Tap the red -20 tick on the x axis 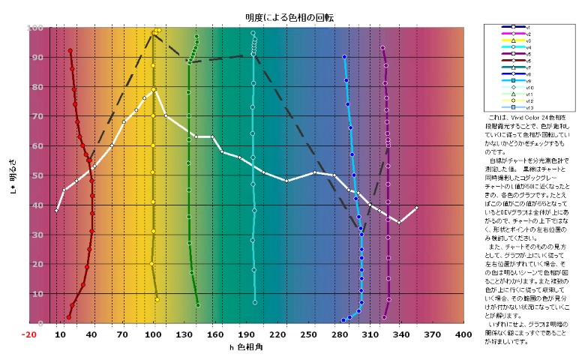click(29, 334)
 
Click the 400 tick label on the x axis click(463, 334)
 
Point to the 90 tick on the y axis click(37, 57)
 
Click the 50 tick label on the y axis click(37, 175)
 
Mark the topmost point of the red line click(70, 51)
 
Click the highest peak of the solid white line click(154, 90)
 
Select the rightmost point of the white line click(417, 208)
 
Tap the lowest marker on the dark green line click(198, 305)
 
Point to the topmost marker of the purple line click(382, 48)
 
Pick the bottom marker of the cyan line click(255, 302)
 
